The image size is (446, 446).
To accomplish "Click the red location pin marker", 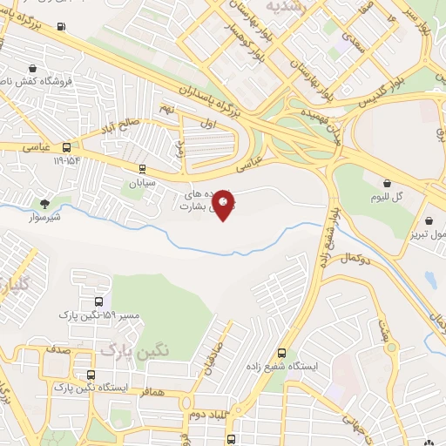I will [224, 205].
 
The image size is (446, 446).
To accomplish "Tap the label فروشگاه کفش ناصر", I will [35, 80].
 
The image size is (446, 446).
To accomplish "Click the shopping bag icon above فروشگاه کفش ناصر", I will [33, 67].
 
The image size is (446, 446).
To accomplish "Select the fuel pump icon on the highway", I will [61, 25].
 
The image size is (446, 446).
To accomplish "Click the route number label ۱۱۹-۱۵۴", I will [66, 161].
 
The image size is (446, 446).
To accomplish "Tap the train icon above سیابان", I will [142, 169].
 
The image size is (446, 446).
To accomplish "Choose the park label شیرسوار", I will [43, 216].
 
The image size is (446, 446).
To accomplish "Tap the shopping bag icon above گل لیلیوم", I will [387, 183].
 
